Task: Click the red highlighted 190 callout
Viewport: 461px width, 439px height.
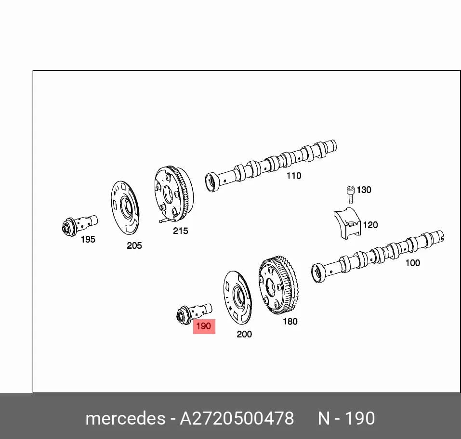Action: pyautogui.click(x=204, y=326)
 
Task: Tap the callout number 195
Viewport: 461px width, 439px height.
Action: pyautogui.click(x=88, y=240)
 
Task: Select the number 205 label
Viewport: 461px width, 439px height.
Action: pyautogui.click(x=134, y=245)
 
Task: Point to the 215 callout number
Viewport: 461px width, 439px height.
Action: pyautogui.click(x=180, y=231)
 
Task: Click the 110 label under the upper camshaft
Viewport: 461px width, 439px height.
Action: pyautogui.click(x=294, y=176)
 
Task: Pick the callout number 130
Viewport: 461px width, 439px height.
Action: pyautogui.click(x=364, y=190)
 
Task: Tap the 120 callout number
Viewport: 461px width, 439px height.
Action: pyautogui.click(x=370, y=225)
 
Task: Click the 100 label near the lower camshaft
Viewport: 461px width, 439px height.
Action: pyautogui.click(x=413, y=263)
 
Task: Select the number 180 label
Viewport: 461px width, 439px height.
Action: pyautogui.click(x=290, y=322)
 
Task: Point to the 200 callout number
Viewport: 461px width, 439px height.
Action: pyautogui.click(x=244, y=334)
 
